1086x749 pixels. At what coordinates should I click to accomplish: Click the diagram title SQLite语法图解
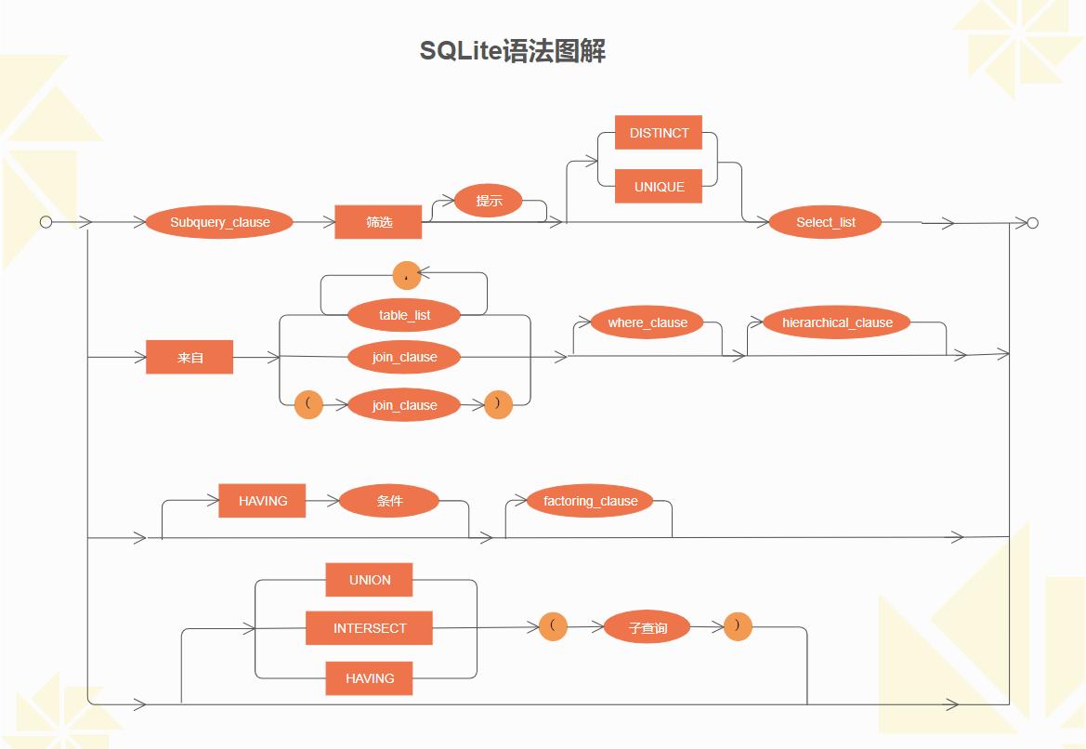point(513,50)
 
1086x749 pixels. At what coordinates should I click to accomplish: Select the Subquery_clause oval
point(219,223)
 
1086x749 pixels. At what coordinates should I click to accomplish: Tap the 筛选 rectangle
point(378,223)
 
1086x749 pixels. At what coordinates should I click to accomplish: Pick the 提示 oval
point(488,201)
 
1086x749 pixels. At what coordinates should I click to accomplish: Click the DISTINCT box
point(659,133)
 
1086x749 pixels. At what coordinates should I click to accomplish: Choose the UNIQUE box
point(659,187)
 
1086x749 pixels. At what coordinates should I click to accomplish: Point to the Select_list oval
point(825,223)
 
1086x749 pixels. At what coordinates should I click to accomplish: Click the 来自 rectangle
point(190,357)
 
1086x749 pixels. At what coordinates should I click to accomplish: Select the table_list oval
point(404,315)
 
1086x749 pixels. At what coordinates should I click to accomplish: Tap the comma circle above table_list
point(407,275)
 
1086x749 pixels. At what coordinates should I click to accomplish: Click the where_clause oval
point(648,322)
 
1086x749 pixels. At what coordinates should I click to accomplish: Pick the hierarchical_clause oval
point(837,322)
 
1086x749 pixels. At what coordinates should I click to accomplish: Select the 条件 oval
point(389,501)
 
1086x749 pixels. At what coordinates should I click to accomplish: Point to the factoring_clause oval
point(590,501)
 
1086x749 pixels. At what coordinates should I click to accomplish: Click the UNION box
point(369,580)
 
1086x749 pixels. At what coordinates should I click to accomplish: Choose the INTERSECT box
point(370,628)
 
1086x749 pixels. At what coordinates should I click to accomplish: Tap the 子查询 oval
point(648,628)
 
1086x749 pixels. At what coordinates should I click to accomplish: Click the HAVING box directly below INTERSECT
point(369,678)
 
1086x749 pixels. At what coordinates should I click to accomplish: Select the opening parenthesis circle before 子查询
point(553,626)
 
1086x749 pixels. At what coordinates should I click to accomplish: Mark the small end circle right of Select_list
point(1032,223)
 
